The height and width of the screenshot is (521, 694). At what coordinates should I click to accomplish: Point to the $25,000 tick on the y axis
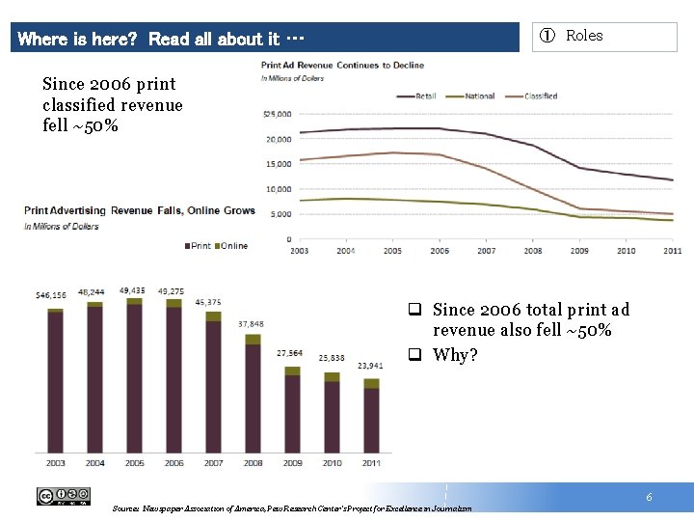[277, 114]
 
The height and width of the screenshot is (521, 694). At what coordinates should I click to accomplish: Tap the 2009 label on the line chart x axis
[580, 251]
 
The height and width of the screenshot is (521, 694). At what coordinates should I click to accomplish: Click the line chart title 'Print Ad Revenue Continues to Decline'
[342, 66]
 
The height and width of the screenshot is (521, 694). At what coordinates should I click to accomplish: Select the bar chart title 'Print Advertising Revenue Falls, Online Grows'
[140, 210]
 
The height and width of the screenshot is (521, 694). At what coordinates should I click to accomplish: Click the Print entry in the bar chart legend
[198, 246]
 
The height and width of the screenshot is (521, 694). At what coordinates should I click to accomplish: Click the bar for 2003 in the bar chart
[56, 380]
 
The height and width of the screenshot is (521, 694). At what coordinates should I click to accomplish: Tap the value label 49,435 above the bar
[132, 289]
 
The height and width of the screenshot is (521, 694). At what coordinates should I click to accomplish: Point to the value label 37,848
[251, 324]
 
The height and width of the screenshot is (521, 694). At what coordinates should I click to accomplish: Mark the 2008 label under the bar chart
[254, 463]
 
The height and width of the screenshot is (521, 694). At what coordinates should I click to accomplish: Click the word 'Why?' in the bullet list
[455, 355]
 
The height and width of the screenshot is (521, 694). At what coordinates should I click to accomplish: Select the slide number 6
[649, 497]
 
